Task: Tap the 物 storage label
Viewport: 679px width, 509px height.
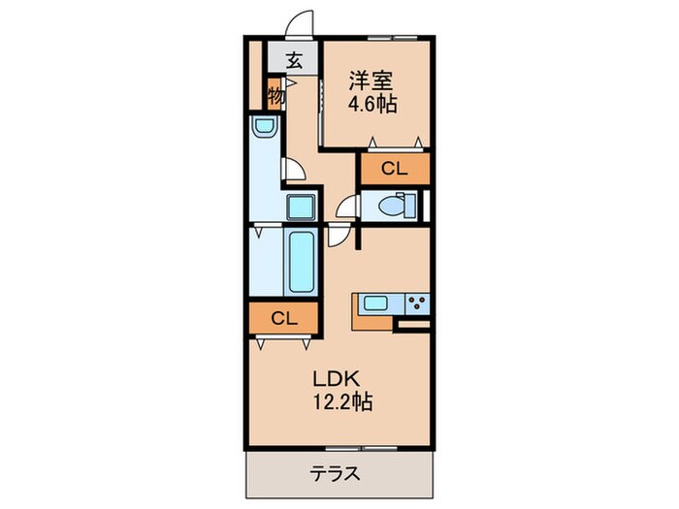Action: [275, 96]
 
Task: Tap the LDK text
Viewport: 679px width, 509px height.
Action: [336, 376]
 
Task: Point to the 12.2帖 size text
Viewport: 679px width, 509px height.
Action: [340, 399]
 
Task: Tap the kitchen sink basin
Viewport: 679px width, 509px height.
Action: [375, 303]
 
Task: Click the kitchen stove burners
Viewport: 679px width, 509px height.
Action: [417, 302]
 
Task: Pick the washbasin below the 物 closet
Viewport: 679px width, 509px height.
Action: [264, 127]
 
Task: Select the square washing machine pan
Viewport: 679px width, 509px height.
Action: [300, 207]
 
